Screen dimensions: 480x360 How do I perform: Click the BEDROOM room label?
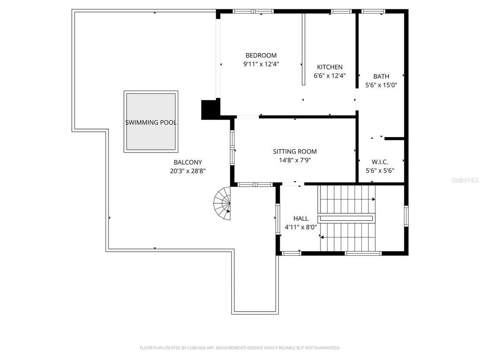261,55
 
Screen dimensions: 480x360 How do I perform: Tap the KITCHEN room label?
330,67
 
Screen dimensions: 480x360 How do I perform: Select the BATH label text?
381,76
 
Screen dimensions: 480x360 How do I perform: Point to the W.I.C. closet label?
380,162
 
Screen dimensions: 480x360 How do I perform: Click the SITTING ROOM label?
295,151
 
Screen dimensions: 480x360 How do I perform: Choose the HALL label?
301,218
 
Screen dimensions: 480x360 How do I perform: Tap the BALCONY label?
188,162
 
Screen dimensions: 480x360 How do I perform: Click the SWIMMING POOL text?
151,123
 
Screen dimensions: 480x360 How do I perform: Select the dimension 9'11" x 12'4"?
261,64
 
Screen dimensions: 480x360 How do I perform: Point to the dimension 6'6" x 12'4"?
330,76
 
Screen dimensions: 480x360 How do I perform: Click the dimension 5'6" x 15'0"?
381,85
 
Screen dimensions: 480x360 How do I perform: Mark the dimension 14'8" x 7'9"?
295,160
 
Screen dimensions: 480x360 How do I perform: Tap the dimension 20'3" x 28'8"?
188,171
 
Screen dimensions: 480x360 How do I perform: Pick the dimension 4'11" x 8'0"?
301,227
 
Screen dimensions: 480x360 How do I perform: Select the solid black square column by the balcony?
211,109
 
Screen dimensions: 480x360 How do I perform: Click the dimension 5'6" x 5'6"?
380,170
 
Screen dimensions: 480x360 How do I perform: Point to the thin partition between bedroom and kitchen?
303,49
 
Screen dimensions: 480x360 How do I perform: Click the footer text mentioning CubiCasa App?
240,348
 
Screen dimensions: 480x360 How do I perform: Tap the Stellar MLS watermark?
465,180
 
